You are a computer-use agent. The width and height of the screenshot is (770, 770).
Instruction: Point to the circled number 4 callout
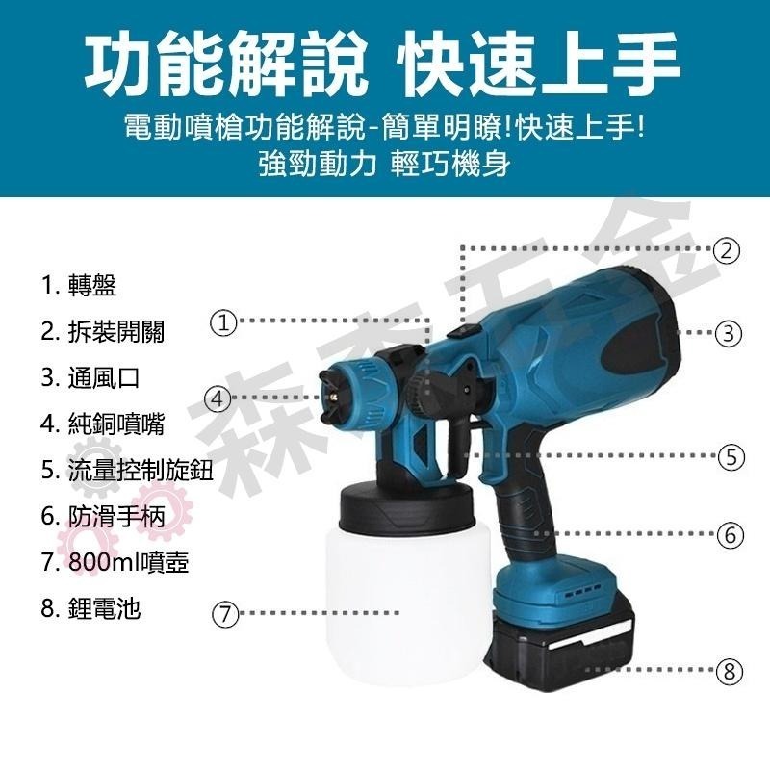(x=218, y=398)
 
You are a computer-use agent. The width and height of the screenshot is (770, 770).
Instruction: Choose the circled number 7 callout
(x=224, y=613)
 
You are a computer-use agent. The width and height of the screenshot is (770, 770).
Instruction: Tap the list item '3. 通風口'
(x=90, y=377)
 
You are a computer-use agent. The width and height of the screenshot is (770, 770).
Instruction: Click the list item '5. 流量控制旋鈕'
(x=126, y=470)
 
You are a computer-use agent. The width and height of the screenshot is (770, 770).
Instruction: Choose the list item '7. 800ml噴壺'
(x=115, y=562)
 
